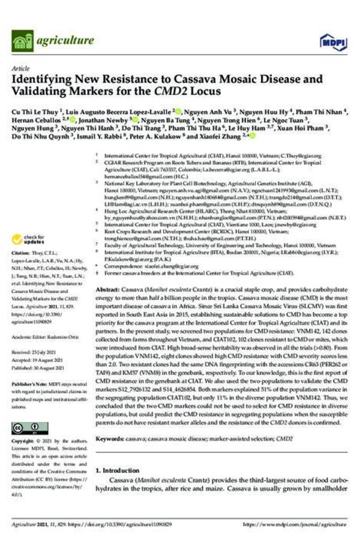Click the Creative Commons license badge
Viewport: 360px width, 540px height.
coord(29,428)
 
